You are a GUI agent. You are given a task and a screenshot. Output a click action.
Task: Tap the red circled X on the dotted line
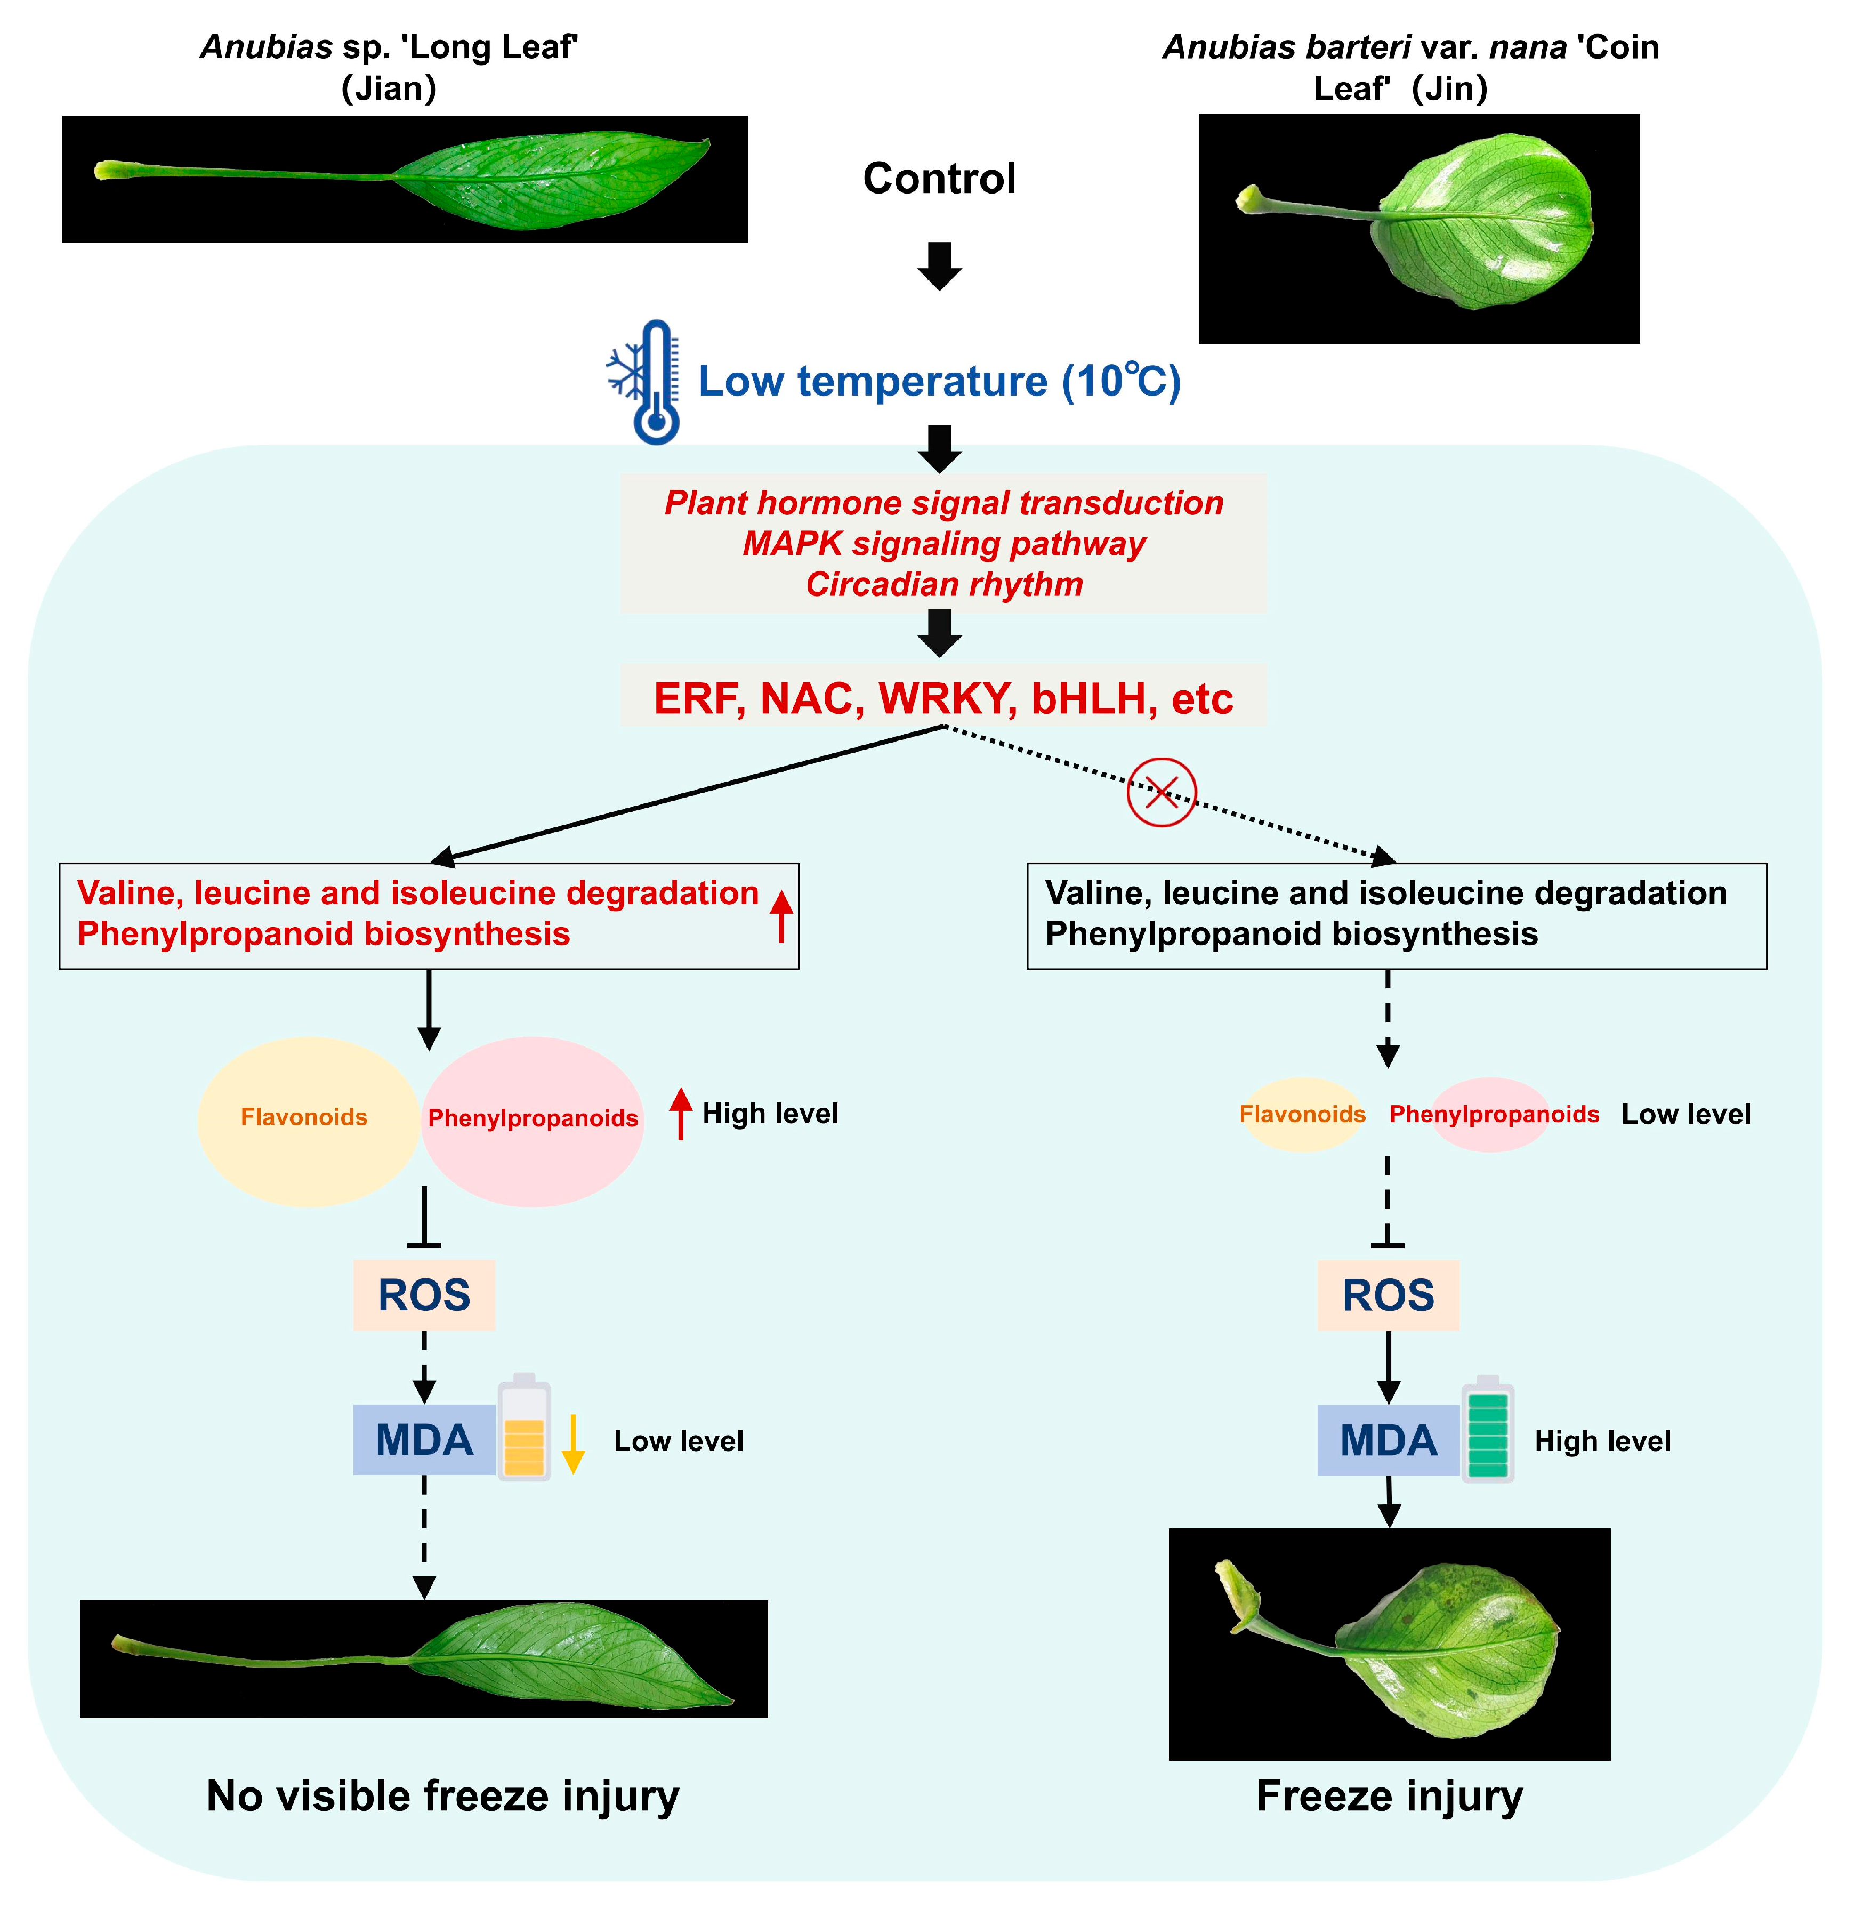pyautogui.click(x=1162, y=792)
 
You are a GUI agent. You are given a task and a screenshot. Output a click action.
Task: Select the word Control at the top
pyautogui.click(x=939, y=179)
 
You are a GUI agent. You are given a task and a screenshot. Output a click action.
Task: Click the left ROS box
pyautogui.click(x=424, y=1295)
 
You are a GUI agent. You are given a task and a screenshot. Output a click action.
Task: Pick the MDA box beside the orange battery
pyautogui.click(x=424, y=1439)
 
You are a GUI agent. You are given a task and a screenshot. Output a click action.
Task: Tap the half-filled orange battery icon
pyautogui.click(x=524, y=1428)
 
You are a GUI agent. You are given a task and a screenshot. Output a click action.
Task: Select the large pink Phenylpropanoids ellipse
pyautogui.click(x=533, y=1121)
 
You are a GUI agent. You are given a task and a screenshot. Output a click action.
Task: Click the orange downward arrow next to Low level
pyautogui.click(x=573, y=1443)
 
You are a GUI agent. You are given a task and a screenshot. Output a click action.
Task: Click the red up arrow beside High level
pyautogui.click(x=681, y=1113)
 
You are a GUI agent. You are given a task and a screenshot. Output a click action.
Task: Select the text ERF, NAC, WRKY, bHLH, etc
pyautogui.click(x=943, y=698)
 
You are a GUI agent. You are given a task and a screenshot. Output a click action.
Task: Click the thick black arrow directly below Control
pyautogui.click(x=939, y=265)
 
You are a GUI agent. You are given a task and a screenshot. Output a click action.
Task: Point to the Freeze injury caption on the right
pyautogui.click(x=1389, y=1795)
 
